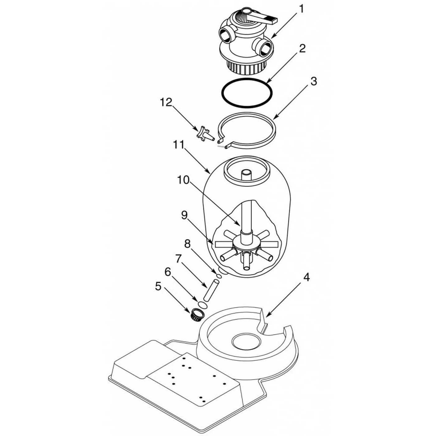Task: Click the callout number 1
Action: tap(301, 9)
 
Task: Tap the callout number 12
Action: tap(166, 102)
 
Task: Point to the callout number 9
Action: tap(184, 216)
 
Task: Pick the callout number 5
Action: tap(158, 287)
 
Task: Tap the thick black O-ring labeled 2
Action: tap(247, 93)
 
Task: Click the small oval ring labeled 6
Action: tap(202, 304)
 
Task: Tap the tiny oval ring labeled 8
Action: tap(219, 276)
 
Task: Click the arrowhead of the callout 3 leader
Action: tap(275, 118)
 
